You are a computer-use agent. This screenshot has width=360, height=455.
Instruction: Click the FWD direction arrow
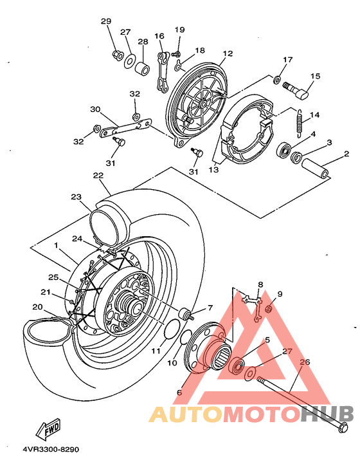click(48, 429)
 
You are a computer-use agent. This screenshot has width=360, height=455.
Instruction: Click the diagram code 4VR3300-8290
click(51, 449)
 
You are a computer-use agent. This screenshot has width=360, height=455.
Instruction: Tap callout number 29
click(106, 21)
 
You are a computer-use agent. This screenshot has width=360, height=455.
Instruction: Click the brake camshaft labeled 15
click(295, 90)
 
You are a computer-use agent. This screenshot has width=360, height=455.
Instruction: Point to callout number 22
click(98, 176)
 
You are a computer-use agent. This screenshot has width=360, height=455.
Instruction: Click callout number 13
click(213, 170)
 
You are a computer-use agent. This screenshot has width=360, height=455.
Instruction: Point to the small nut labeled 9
click(269, 310)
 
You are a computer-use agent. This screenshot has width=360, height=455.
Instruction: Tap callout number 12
click(228, 53)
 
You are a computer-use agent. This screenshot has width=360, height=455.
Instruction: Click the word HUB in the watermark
click(327, 413)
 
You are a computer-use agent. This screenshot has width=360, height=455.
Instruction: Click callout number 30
click(95, 109)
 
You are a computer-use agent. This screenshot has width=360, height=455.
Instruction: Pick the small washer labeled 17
click(276, 79)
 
